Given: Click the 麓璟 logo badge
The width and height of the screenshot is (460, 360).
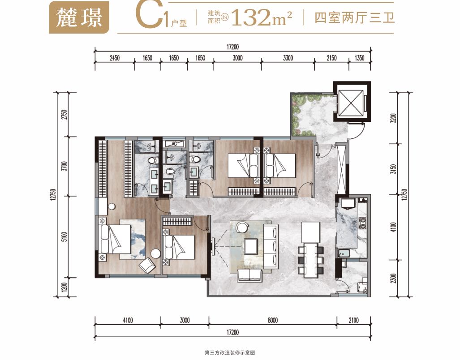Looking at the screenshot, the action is pyautogui.click(x=79, y=17).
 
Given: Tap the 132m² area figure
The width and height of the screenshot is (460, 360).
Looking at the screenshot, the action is pyautogui.click(x=262, y=17).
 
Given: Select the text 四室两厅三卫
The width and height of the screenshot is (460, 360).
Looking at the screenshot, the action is pyautogui.click(x=354, y=17).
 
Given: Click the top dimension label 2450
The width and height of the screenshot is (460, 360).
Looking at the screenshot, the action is pyautogui.click(x=115, y=58).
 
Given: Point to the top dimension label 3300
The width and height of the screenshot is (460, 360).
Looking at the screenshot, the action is pyautogui.click(x=288, y=58).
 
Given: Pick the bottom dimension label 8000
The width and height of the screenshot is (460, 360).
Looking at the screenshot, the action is pyautogui.click(x=272, y=320).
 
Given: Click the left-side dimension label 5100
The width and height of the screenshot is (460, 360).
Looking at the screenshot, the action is pyautogui.click(x=64, y=236).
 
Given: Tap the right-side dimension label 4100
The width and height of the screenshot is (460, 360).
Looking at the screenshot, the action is pyautogui.click(x=393, y=227).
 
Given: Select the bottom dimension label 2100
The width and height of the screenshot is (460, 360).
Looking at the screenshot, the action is pyautogui.click(x=353, y=320).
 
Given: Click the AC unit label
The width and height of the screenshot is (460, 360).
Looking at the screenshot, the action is pyautogui.click(x=174, y=144).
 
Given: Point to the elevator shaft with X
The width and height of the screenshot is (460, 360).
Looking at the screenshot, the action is pyautogui.click(x=352, y=102).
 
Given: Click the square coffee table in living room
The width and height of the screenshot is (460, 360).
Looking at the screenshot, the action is pyautogui.click(x=251, y=246).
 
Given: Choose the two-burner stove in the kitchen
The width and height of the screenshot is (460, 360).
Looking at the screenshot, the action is pyautogui.click(x=363, y=223).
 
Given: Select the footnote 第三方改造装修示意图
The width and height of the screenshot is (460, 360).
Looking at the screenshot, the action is pyautogui.click(x=230, y=352).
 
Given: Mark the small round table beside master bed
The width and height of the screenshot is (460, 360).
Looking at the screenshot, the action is pyautogui.click(x=155, y=253).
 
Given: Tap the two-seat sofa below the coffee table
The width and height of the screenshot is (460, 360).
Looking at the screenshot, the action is pyautogui.click(x=249, y=275).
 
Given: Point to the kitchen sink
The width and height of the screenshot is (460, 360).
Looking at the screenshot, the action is pyautogui.click(x=343, y=253).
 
